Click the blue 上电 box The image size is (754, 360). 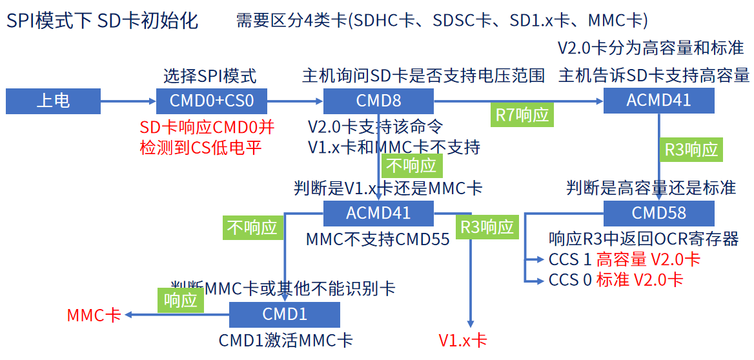(x=53, y=101)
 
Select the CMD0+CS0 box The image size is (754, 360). (x=212, y=101)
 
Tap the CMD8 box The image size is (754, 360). (x=378, y=101)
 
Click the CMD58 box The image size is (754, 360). (x=658, y=213)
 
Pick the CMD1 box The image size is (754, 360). (x=285, y=314)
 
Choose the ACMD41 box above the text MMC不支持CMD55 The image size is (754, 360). (x=378, y=213)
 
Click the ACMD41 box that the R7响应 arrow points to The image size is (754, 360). (x=658, y=100)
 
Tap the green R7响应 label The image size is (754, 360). (x=522, y=115)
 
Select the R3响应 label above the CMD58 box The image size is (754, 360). (x=691, y=150)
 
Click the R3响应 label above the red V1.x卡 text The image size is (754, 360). (x=487, y=227)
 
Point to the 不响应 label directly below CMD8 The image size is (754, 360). (x=411, y=166)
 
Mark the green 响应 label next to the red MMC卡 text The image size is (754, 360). (x=180, y=300)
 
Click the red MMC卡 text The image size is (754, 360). (x=94, y=315)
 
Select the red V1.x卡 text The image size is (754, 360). (x=462, y=341)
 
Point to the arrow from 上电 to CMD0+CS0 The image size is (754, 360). (x=128, y=101)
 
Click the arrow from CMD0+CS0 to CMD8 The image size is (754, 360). (x=295, y=101)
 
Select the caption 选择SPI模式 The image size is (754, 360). (x=210, y=76)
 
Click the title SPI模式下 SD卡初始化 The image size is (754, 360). (x=102, y=21)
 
